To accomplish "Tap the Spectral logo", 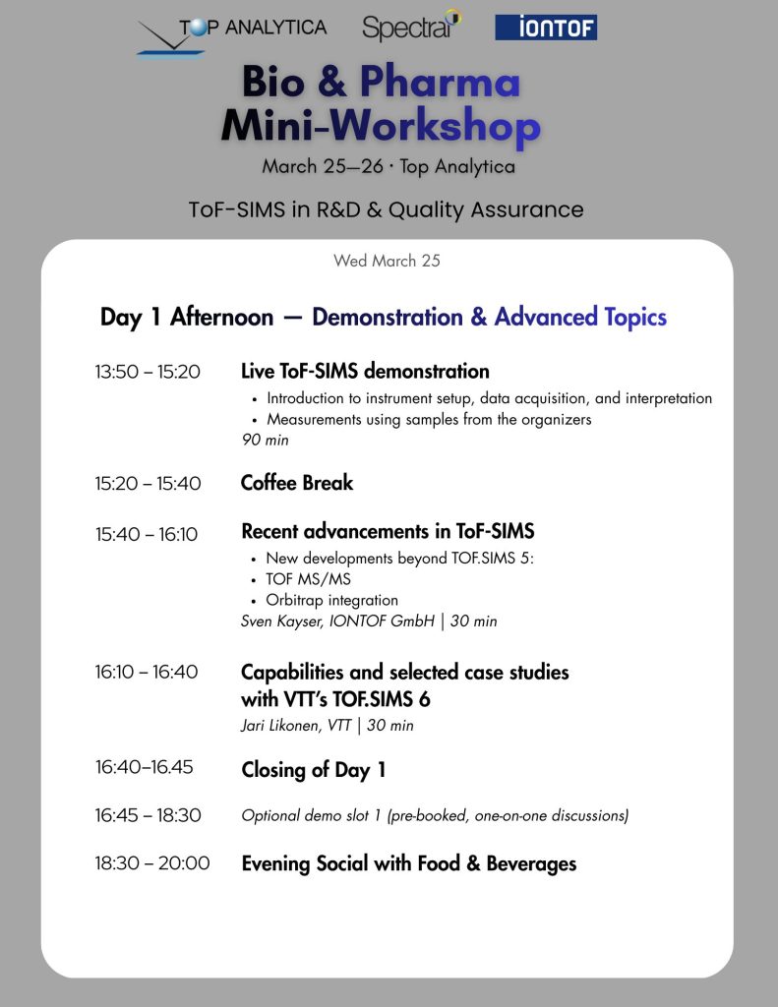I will (411, 27).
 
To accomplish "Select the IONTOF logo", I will (546, 28).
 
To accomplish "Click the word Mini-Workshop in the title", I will (381, 126).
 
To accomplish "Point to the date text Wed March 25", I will (387, 261).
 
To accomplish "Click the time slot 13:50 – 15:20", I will (148, 372).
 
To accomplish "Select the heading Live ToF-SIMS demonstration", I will (365, 372).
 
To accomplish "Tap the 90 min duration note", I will (266, 440).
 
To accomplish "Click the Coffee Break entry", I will (297, 483).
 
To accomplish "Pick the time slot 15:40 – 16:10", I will (147, 534).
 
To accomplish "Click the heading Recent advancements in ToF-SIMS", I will (388, 532).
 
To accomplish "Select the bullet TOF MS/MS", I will (308, 579).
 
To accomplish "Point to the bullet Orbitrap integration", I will (331, 600).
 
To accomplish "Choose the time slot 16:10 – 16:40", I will (147, 673).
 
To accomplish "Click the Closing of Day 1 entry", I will (314, 770).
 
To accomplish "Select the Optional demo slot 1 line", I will (435, 815).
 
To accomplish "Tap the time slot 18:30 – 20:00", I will (152, 863).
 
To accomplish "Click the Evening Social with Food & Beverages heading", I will (408, 863).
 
